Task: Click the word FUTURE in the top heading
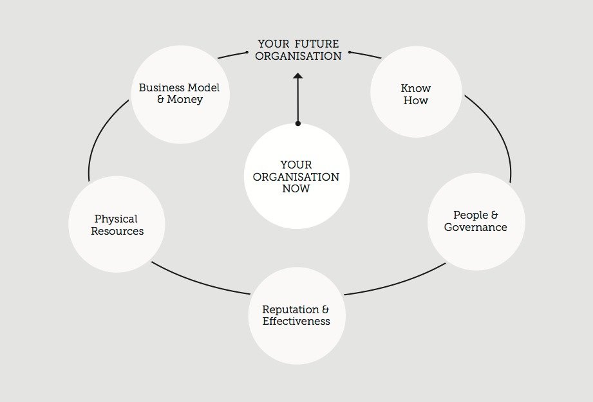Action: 318,44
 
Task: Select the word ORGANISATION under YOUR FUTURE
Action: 298,56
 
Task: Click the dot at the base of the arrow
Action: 297,123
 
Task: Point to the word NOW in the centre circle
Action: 296,188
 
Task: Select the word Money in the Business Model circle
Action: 185,100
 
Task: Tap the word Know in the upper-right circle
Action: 415,88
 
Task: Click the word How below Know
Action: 415,100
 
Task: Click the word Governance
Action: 476,227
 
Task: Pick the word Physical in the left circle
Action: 116,219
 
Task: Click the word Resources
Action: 117,231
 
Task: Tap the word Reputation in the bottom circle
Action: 291,309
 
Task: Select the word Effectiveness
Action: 296,321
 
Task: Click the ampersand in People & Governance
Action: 494,215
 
